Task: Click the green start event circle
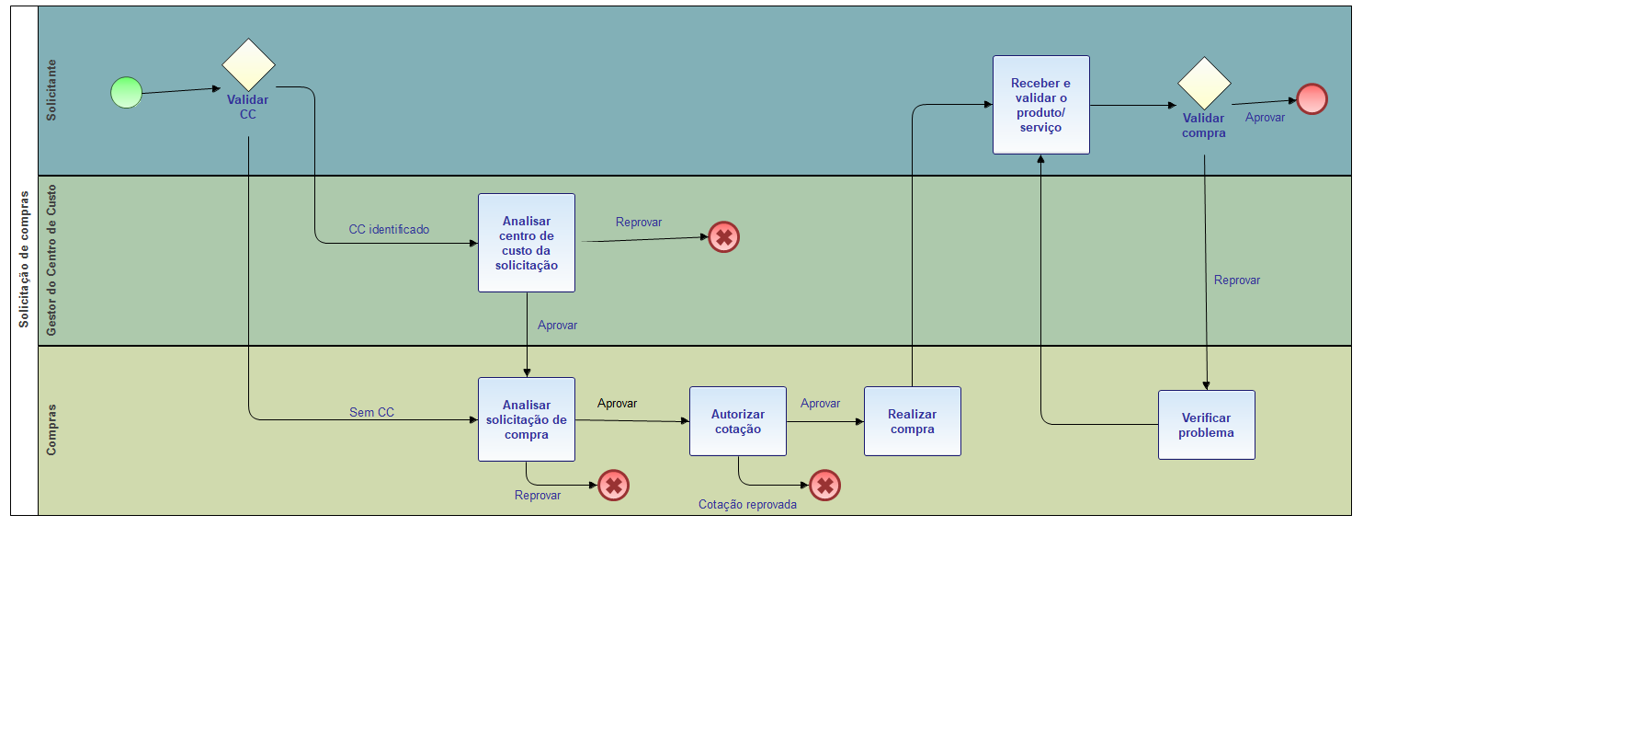tap(127, 93)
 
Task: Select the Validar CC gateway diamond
tap(248, 65)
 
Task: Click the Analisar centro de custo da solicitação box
tap(527, 243)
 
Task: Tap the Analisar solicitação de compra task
tap(527, 419)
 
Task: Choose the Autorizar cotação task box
tap(738, 421)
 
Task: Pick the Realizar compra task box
tap(913, 421)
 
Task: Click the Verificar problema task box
tap(1207, 425)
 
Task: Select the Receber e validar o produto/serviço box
tap(1041, 105)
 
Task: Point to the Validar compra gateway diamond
tap(1204, 84)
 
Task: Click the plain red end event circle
tap(1312, 99)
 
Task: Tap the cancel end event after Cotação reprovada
tap(825, 486)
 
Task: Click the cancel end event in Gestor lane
tap(724, 237)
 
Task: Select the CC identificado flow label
tap(389, 230)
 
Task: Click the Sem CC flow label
tap(371, 413)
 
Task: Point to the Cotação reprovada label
tap(747, 505)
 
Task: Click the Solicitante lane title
tap(51, 90)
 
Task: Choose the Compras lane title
tap(51, 429)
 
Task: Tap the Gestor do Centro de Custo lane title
tap(51, 260)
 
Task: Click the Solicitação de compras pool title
tap(24, 259)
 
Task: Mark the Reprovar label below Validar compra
tap(1237, 280)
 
